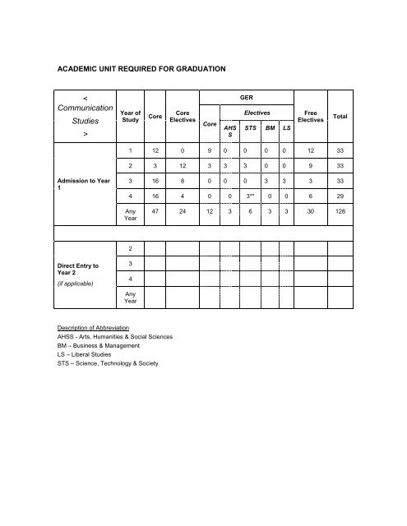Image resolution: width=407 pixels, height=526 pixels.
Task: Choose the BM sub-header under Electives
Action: (x=269, y=128)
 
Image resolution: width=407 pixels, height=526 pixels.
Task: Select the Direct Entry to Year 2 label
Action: (x=80, y=270)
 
